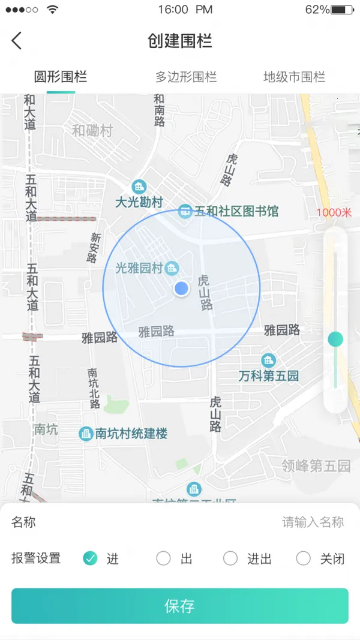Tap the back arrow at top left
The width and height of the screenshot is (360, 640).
[x=16, y=41]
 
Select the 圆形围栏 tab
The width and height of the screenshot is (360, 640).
[x=60, y=77]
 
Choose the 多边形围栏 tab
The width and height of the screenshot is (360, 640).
[x=186, y=77]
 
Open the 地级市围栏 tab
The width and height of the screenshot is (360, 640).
[x=294, y=77]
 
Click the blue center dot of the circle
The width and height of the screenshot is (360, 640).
[x=181, y=289]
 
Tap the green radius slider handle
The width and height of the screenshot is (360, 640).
[x=335, y=339]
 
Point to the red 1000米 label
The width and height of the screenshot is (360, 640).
[x=334, y=212]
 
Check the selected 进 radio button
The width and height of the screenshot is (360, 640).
[x=90, y=558]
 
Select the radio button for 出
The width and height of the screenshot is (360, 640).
[x=163, y=558]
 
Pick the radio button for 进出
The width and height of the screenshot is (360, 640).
[x=230, y=558]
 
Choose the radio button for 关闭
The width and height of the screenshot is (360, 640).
[x=304, y=558]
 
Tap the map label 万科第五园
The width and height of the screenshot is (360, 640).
[x=268, y=376]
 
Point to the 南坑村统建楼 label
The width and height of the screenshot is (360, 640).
[x=131, y=434]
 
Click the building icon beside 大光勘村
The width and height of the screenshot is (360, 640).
[x=139, y=187]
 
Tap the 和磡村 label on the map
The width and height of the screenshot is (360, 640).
[x=92, y=131]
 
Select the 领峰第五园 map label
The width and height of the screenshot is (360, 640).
[x=316, y=465]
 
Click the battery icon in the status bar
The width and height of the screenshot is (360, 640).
[x=342, y=10]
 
